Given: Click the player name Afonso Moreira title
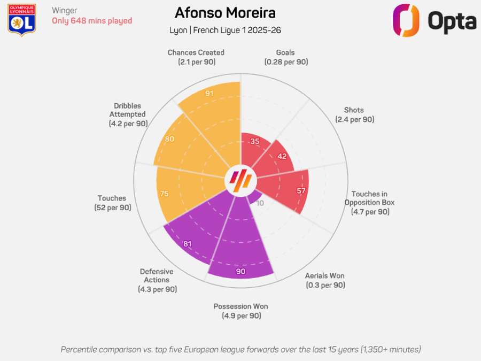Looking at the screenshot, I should [225, 13].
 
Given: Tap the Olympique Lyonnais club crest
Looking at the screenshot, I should [22, 20].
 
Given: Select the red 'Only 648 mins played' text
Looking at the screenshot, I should [92, 21].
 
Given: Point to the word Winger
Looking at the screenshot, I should [65, 10].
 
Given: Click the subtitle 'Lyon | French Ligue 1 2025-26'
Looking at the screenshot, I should [225, 30].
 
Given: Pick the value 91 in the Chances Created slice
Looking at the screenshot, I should [210, 94].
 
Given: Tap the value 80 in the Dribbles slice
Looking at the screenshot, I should [170, 139].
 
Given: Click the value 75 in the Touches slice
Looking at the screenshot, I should [164, 194].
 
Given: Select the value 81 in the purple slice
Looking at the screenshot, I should [188, 244].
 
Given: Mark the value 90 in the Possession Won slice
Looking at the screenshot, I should [241, 271].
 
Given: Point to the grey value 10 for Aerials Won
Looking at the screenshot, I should [260, 203].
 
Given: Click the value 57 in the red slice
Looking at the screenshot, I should [301, 191].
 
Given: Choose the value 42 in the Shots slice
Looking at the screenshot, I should [282, 157].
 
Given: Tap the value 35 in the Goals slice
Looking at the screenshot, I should [255, 141].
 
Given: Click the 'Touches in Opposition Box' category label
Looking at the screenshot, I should [369, 203].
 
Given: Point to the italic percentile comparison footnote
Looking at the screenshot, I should [241, 349].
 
